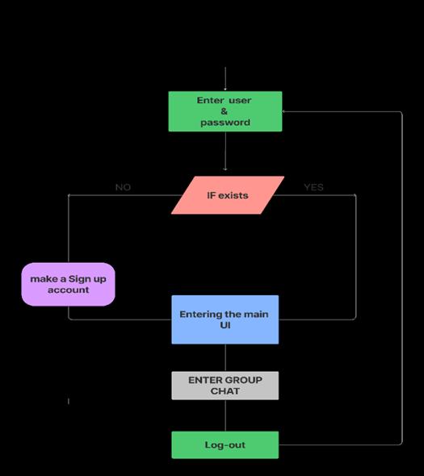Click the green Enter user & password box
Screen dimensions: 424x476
pos(225,111)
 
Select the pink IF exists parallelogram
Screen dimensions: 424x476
pos(228,195)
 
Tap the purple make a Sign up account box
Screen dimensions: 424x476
pos(69,284)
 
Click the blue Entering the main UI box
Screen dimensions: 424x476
pos(225,319)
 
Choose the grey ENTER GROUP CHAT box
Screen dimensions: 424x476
pos(225,386)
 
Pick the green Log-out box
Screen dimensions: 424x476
pos(225,445)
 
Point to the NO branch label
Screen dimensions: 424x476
pos(123,187)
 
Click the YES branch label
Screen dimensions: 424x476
pos(313,187)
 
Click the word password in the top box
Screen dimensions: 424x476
pos(225,123)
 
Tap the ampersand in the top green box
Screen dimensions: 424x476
pos(225,111)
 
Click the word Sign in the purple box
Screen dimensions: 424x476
pos(80,279)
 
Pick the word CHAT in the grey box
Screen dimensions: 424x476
pos(225,391)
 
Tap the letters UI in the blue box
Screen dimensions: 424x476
pos(225,325)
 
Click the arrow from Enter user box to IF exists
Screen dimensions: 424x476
pos(225,151)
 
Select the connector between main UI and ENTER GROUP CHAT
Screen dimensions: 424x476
pos(225,358)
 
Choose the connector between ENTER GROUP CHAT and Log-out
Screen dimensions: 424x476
pos(225,415)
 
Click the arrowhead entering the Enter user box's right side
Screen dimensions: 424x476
pos(283,111)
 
